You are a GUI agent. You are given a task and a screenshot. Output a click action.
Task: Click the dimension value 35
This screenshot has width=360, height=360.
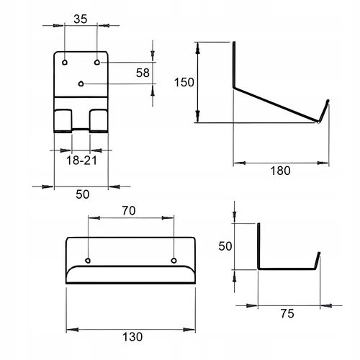81,19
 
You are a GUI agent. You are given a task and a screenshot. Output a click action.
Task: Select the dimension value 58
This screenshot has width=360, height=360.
143,73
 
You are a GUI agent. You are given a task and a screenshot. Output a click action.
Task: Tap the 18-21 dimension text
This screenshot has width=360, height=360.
81,161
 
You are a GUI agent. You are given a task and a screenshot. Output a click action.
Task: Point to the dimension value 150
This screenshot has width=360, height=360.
184,82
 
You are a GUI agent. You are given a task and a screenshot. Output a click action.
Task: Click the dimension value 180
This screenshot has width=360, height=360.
280,171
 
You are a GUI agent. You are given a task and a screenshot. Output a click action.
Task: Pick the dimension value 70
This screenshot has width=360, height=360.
129,211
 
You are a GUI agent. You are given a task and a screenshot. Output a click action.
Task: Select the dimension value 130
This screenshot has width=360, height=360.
132,337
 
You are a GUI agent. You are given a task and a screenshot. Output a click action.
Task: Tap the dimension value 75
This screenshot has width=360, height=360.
287,314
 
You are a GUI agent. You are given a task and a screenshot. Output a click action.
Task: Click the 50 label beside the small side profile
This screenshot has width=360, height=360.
225,246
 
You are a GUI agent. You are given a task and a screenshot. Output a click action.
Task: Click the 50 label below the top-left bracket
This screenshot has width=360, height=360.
83,194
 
